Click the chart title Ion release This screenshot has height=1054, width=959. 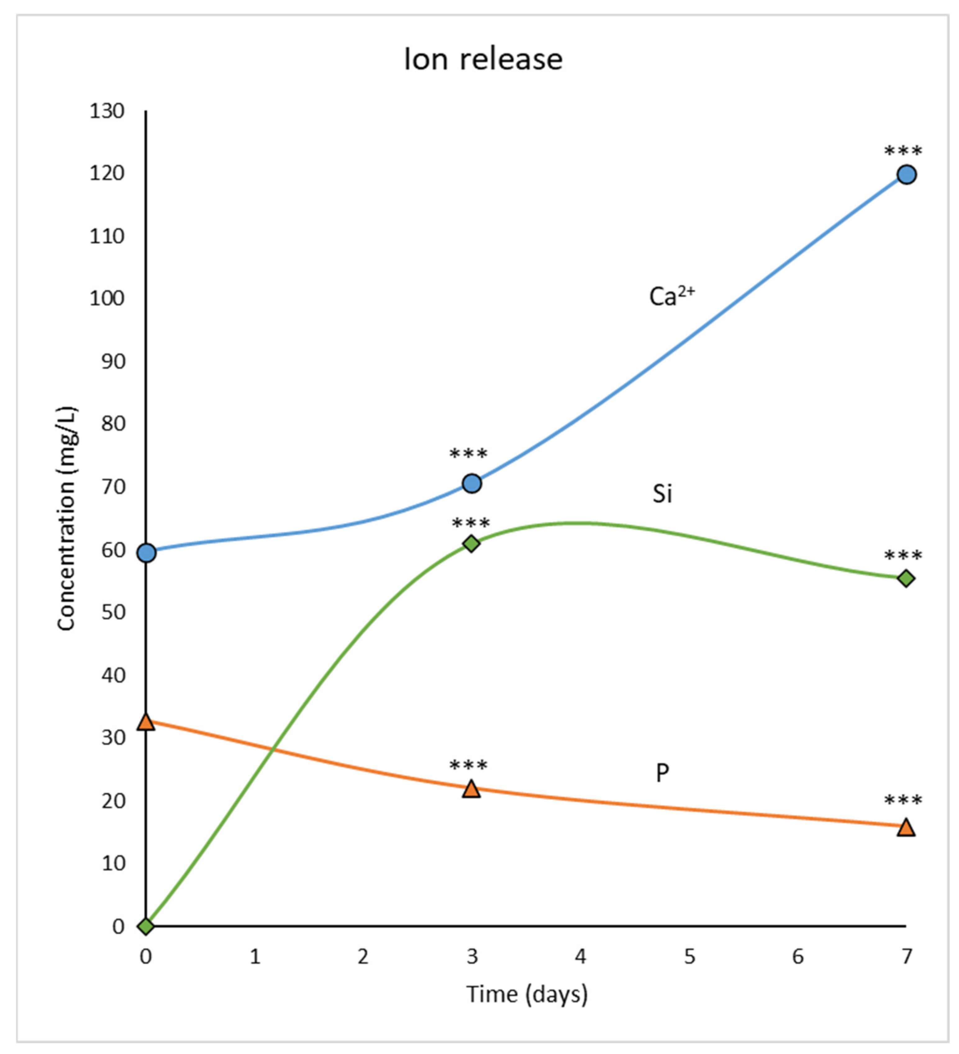coord(483,59)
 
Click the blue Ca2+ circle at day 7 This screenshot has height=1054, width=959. coord(906,174)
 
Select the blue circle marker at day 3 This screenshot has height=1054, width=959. coord(472,484)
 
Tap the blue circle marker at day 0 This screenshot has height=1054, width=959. coord(147,553)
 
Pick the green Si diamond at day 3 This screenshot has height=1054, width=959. coord(471,544)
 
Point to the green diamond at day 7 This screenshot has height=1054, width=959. coord(906,578)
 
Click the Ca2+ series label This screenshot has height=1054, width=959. coord(671,296)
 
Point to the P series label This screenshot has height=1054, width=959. coord(662,773)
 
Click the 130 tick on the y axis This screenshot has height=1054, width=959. coord(107,111)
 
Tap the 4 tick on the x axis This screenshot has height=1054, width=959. coord(580,957)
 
